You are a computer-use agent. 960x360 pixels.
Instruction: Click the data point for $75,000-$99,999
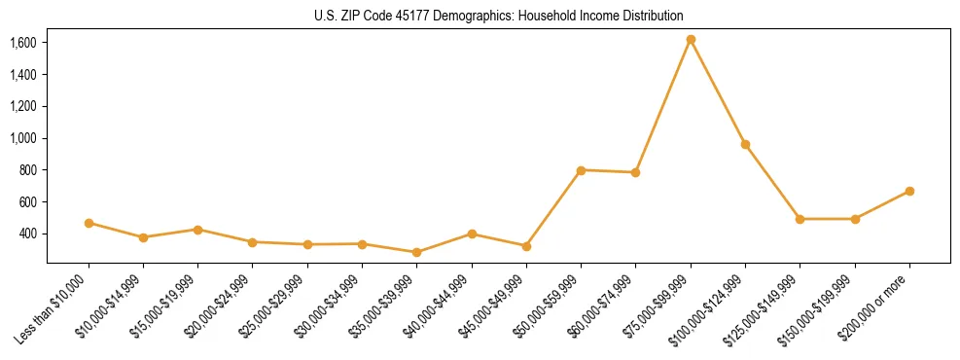(x=691, y=40)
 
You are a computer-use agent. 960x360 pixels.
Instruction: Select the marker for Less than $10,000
(x=89, y=223)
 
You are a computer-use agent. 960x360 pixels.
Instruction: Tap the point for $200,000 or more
(x=909, y=191)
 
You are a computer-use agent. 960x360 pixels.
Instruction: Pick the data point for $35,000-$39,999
(x=417, y=252)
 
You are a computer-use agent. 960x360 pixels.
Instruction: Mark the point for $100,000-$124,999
(x=745, y=145)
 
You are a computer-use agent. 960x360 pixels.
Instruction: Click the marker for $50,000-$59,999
(x=581, y=170)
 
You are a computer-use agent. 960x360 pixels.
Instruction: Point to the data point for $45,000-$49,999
(x=526, y=246)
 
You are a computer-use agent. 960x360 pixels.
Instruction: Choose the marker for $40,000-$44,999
(x=472, y=234)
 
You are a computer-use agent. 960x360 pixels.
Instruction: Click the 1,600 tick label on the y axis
(x=23, y=43)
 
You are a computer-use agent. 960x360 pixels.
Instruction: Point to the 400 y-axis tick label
(x=29, y=234)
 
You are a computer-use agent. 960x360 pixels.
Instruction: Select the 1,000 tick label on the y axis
(x=23, y=138)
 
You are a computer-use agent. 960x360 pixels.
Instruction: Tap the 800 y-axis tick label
(x=29, y=170)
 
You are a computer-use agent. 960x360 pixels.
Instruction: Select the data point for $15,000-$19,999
(x=197, y=230)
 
